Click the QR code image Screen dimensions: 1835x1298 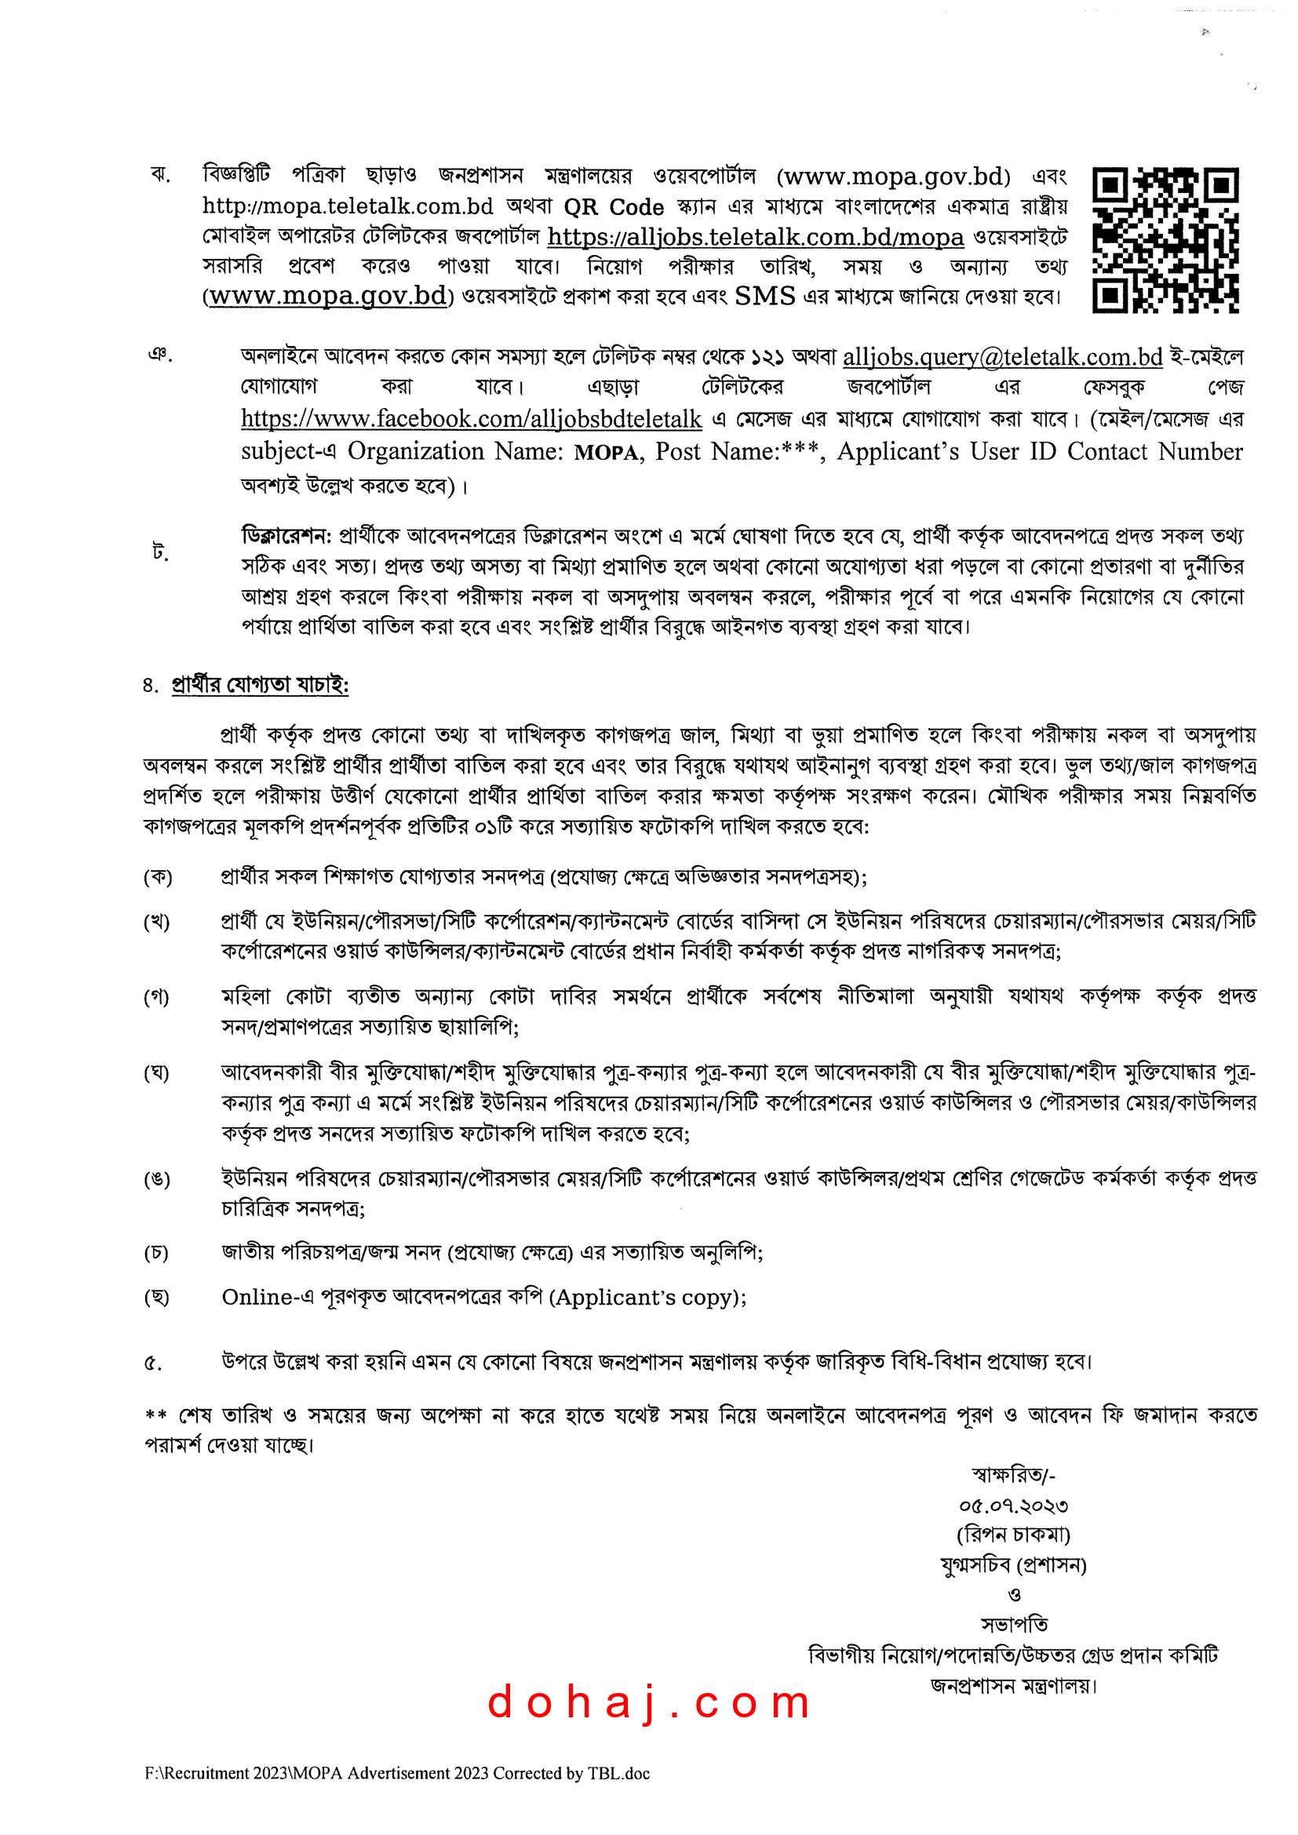point(1165,240)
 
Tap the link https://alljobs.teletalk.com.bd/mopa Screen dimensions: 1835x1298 point(755,238)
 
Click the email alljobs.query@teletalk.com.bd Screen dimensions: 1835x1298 point(1002,356)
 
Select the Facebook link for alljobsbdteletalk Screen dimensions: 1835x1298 point(471,419)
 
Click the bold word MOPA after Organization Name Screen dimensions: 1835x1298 point(607,453)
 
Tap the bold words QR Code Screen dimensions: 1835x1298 point(614,208)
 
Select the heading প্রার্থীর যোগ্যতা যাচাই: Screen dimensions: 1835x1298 point(260,686)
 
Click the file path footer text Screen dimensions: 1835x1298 point(397,1774)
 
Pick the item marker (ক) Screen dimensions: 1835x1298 point(158,877)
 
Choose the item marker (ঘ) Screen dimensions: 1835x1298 point(157,1072)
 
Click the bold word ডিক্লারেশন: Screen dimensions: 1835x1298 point(286,535)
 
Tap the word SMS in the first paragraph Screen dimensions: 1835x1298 point(764,297)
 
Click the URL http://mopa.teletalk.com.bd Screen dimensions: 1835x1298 point(348,207)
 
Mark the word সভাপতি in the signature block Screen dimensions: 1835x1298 point(1014,1625)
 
